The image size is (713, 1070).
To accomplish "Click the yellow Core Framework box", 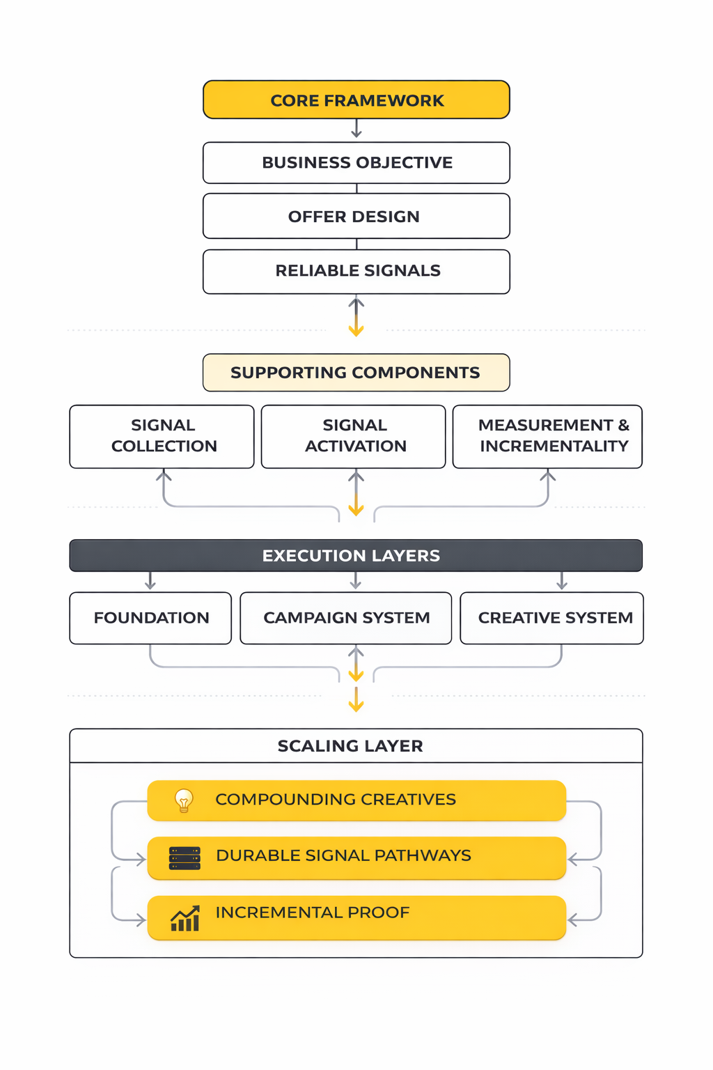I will coord(356,100).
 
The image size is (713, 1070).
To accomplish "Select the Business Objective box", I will coord(356,163).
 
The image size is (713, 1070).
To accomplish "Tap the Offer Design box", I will coord(356,217).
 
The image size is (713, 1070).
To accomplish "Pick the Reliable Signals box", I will coord(356,271).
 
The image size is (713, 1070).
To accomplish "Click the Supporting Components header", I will coord(356,373).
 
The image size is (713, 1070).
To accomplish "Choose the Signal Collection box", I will coord(162,436).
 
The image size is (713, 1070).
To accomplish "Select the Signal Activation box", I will coord(354,436).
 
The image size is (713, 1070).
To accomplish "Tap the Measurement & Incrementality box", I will coord(547,436).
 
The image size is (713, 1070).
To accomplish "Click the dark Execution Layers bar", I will coord(356,556).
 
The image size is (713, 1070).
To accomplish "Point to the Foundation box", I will coord(150,618).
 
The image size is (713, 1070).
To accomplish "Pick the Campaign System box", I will coord(346,618).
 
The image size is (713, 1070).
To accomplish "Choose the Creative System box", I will coord(552,618).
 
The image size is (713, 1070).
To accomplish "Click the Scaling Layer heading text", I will coord(350,746).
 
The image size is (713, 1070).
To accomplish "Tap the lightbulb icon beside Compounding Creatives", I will coord(184,800).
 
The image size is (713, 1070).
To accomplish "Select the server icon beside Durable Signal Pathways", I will coord(185,858).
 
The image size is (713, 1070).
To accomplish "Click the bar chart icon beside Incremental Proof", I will coord(185,919).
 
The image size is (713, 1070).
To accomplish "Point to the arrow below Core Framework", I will coord(356,129).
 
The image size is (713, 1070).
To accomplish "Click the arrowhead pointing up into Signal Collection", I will coord(164,476).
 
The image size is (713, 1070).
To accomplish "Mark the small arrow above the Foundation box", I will coord(150,581).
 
